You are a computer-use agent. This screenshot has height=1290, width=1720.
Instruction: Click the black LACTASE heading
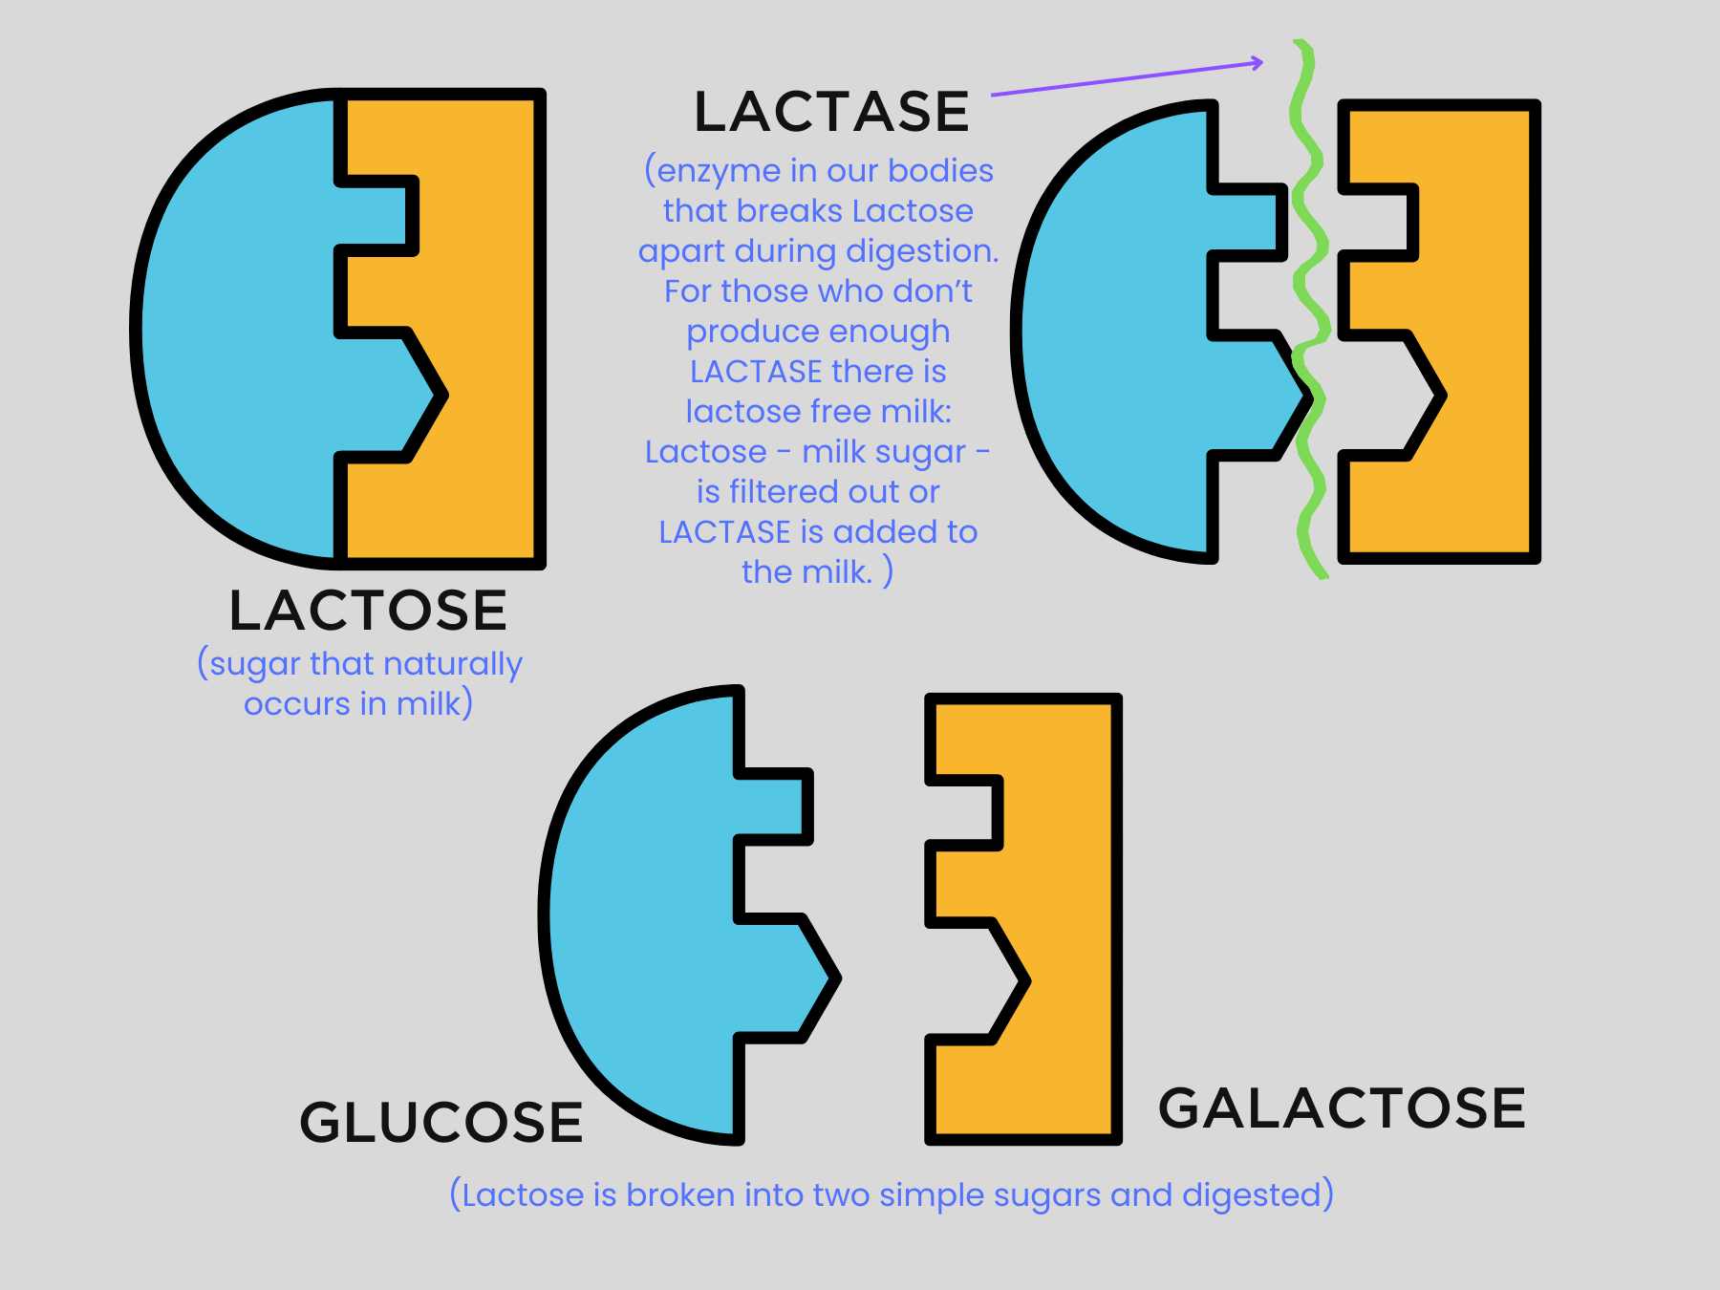pos(831,112)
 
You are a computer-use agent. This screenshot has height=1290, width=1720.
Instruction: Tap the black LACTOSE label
pos(368,611)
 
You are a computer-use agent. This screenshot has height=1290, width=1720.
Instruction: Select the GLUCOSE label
pos(441,1122)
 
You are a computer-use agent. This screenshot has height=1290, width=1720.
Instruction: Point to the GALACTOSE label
pos(1342,1108)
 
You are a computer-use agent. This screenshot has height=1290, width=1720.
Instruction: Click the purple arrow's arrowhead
pos(1258,63)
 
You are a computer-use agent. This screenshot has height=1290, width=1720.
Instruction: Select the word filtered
pos(793,492)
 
